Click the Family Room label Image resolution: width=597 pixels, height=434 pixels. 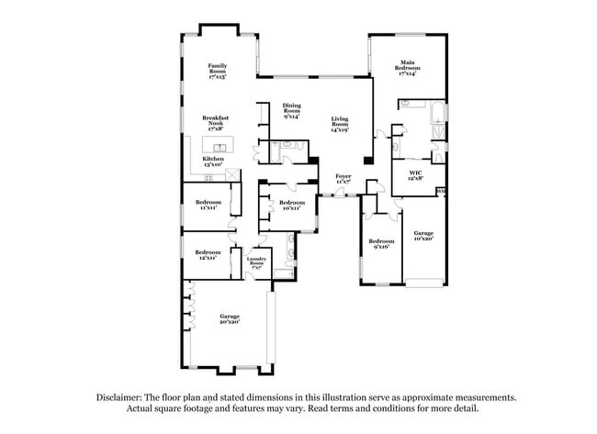(x=217, y=71)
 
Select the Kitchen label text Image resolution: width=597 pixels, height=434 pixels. (x=213, y=161)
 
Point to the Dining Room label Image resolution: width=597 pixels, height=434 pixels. (x=292, y=112)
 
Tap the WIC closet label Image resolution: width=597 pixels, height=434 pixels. (x=415, y=175)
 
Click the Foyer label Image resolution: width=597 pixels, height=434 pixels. (x=344, y=178)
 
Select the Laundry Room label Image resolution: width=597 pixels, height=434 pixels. (x=256, y=262)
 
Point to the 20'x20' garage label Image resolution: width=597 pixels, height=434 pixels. (x=229, y=318)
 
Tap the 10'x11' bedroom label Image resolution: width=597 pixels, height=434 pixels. (x=292, y=205)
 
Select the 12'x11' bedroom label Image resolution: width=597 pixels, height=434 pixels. (x=208, y=254)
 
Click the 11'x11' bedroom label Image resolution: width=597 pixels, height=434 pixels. (x=208, y=205)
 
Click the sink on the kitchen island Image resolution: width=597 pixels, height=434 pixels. (x=220, y=147)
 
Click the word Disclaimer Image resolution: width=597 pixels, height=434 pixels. (x=122, y=397)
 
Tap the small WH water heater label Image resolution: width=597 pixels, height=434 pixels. (x=441, y=192)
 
